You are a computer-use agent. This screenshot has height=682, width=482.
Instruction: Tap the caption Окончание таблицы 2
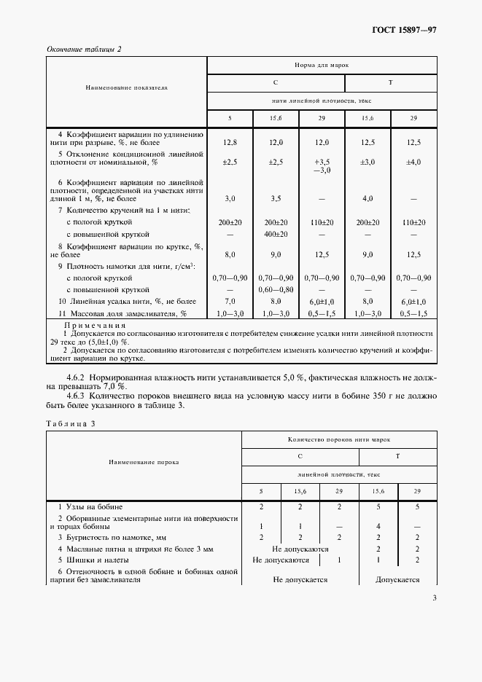(84, 49)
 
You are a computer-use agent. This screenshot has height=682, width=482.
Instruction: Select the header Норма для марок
(322, 65)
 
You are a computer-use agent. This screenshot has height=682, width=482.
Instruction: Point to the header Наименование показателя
(127, 87)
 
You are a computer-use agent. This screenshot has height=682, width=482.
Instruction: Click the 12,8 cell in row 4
(230, 143)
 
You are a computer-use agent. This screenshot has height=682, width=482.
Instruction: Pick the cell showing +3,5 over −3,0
(322, 165)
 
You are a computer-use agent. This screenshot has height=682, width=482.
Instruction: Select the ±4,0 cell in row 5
(413, 161)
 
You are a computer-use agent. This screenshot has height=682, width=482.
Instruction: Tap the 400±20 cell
(276, 235)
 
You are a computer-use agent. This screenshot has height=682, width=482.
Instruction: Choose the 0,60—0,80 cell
(276, 289)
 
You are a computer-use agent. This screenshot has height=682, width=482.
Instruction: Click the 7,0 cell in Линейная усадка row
(230, 300)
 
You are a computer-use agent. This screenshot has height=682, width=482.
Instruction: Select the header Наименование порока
(144, 462)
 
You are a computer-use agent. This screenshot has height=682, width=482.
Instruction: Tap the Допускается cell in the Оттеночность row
(397, 580)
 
